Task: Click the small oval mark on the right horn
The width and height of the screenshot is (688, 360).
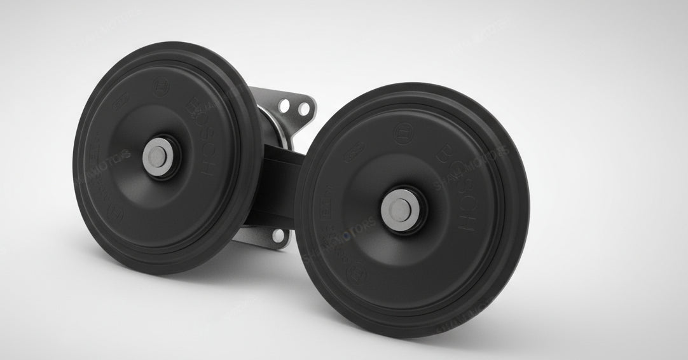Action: click(355, 153)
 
